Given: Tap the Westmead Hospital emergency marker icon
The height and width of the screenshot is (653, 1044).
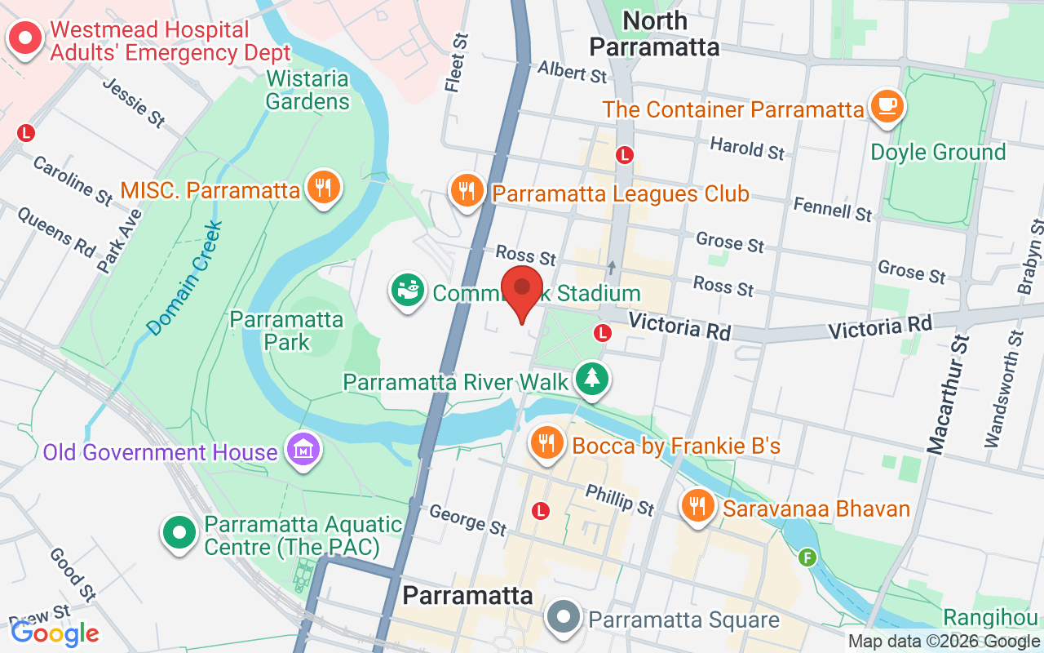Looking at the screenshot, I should click(25, 38).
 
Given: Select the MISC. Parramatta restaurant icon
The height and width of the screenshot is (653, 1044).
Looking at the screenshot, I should click(324, 189).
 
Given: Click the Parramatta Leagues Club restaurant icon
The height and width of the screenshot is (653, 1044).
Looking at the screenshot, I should click(467, 191).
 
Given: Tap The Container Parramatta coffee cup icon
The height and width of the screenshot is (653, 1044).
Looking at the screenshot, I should click(887, 106).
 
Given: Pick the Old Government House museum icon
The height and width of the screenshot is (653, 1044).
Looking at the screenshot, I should click(303, 450).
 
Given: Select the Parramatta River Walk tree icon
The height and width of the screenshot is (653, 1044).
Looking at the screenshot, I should click(592, 378).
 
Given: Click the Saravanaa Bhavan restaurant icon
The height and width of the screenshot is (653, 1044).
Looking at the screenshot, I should click(698, 507).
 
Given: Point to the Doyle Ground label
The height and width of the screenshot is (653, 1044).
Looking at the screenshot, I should click(938, 153).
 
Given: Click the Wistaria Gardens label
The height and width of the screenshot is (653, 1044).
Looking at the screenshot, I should click(307, 91).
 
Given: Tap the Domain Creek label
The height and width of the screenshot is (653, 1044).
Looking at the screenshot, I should click(185, 278).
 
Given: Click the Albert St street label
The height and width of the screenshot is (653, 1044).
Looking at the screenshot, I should click(573, 72).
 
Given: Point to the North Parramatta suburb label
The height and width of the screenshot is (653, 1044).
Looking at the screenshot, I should click(654, 33).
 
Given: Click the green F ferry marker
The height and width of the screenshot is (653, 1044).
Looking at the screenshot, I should click(807, 557).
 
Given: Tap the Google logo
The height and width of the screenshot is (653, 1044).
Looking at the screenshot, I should click(55, 633).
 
